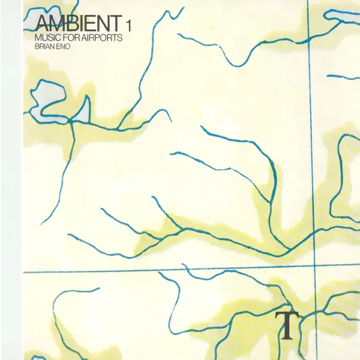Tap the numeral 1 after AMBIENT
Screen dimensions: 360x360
[129, 26]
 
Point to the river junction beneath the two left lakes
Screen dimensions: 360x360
[70, 121]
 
